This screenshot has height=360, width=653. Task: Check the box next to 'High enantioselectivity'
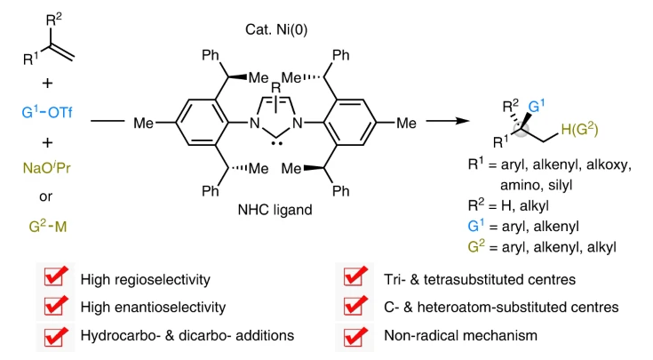tap(58, 308)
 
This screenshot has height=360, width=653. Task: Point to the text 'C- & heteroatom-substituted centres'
tap(487, 308)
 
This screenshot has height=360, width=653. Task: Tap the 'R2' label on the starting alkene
tap(55, 18)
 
